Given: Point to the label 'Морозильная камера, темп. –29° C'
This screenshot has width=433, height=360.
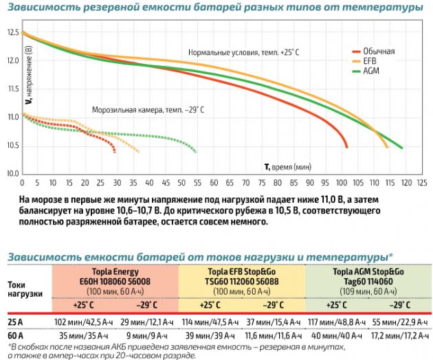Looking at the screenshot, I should [x=148, y=109].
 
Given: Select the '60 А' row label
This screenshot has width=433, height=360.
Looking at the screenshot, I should [x=15, y=335].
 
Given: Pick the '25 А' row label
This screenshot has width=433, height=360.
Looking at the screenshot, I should [x=15, y=322].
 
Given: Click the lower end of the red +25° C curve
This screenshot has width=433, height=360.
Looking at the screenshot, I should [x=346, y=146].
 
